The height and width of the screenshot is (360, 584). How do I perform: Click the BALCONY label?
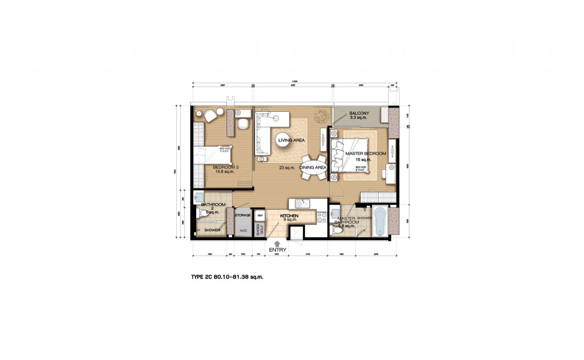click(359, 114)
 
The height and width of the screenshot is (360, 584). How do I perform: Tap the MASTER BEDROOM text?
click(366, 154)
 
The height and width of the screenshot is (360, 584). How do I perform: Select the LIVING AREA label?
click(291, 140)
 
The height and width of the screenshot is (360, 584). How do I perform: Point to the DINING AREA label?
click(313, 168)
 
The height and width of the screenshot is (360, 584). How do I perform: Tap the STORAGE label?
click(243, 215)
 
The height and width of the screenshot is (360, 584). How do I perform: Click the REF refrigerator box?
click(259, 215)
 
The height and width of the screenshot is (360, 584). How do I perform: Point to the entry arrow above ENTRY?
click(277, 244)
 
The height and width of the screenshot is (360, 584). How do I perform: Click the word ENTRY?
click(278, 250)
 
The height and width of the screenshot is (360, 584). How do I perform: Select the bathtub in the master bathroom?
click(380, 221)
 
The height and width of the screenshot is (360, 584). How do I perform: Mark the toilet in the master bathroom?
click(337, 230)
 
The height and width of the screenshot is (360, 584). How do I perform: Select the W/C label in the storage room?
click(243, 230)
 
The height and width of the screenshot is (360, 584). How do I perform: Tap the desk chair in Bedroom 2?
click(243, 123)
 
